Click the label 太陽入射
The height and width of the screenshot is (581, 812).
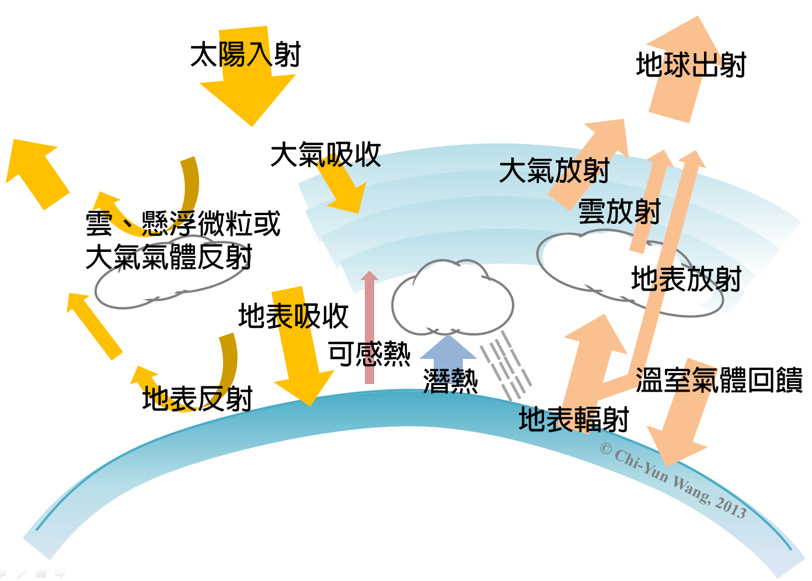tap(245, 56)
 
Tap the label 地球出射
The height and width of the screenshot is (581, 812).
tap(691, 65)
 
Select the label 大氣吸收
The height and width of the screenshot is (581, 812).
tap(326, 155)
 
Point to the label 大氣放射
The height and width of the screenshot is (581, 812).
tap(554, 171)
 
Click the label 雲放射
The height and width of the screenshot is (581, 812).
tap(619, 211)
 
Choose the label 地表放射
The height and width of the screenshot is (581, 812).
tap(686, 279)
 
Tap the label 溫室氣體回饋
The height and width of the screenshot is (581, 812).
tap(719, 380)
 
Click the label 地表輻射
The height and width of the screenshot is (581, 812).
tap(574, 420)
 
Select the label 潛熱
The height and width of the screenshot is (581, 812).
tap(450, 381)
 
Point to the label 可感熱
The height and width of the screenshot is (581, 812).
tap(370, 354)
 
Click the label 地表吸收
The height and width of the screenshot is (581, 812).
tap(293, 316)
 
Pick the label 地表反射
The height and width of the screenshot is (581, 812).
tap(197, 399)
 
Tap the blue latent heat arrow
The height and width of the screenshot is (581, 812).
tap(448, 351)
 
